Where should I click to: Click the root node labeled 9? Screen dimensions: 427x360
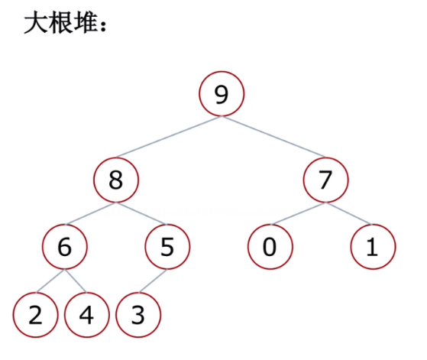tap(222, 94)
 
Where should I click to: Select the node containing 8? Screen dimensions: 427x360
tap(116, 180)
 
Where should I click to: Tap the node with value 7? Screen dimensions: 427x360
tap(325, 180)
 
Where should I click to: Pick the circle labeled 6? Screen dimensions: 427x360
tap(65, 247)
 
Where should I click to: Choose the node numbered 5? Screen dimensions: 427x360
tap(167, 247)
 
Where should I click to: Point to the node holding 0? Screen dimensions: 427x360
tap(270, 247)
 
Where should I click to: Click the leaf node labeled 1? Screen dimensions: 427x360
tap(373, 247)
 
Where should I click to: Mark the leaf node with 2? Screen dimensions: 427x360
tap(35, 315)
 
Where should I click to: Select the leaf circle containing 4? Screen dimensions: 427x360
tap(87, 315)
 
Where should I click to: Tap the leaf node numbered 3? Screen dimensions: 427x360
tap(138, 315)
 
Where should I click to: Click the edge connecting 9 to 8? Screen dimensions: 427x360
tap(169, 137)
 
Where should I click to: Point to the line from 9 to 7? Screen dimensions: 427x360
tap(273, 137)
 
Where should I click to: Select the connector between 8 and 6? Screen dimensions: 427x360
tap(90, 213)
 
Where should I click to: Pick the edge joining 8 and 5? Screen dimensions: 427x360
tap(142, 213)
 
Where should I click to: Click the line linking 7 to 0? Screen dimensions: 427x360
tap(298, 213)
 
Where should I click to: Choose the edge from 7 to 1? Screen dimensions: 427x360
tap(349, 213)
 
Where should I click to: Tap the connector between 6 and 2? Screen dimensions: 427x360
tap(50, 281)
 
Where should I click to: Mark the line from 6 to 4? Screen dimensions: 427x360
tap(76, 281)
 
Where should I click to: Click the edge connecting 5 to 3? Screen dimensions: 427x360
tap(153, 281)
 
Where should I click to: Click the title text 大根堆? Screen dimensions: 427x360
tap(61, 23)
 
